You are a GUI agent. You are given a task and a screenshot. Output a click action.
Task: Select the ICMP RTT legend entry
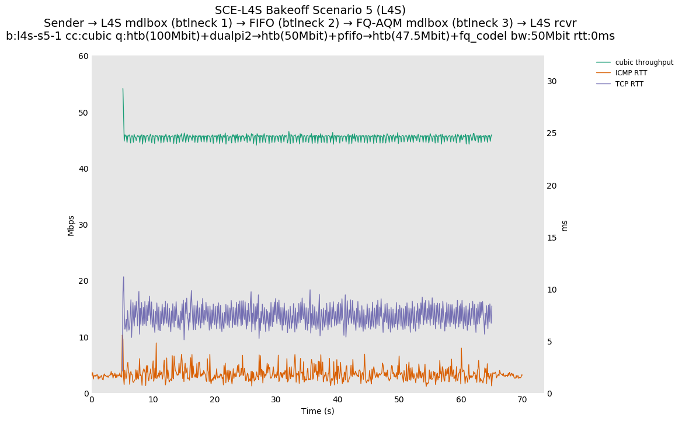[631, 73]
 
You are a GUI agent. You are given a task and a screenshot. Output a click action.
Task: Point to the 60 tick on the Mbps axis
[83, 56]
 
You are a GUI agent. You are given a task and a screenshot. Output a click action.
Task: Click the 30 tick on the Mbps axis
[83, 225]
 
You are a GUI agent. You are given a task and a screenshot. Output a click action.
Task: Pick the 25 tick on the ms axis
[552, 133]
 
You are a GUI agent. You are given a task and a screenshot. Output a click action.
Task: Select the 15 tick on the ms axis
[552, 238]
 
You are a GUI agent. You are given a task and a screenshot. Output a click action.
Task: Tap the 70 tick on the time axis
[522, 400]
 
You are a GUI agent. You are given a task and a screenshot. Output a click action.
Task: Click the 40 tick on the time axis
[337, 400]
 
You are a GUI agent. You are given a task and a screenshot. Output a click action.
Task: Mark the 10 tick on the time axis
[153, 400]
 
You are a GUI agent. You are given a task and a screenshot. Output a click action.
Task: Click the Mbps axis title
[71, 225]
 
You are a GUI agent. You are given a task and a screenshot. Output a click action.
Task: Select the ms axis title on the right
[564, 225]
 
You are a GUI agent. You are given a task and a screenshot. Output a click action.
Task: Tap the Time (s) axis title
[318, 411]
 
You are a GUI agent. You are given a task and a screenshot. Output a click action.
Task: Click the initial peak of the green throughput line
[123, 89]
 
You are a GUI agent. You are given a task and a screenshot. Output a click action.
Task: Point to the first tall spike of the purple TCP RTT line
[123, 277]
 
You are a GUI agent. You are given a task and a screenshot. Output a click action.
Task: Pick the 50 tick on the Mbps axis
[83, 112]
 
